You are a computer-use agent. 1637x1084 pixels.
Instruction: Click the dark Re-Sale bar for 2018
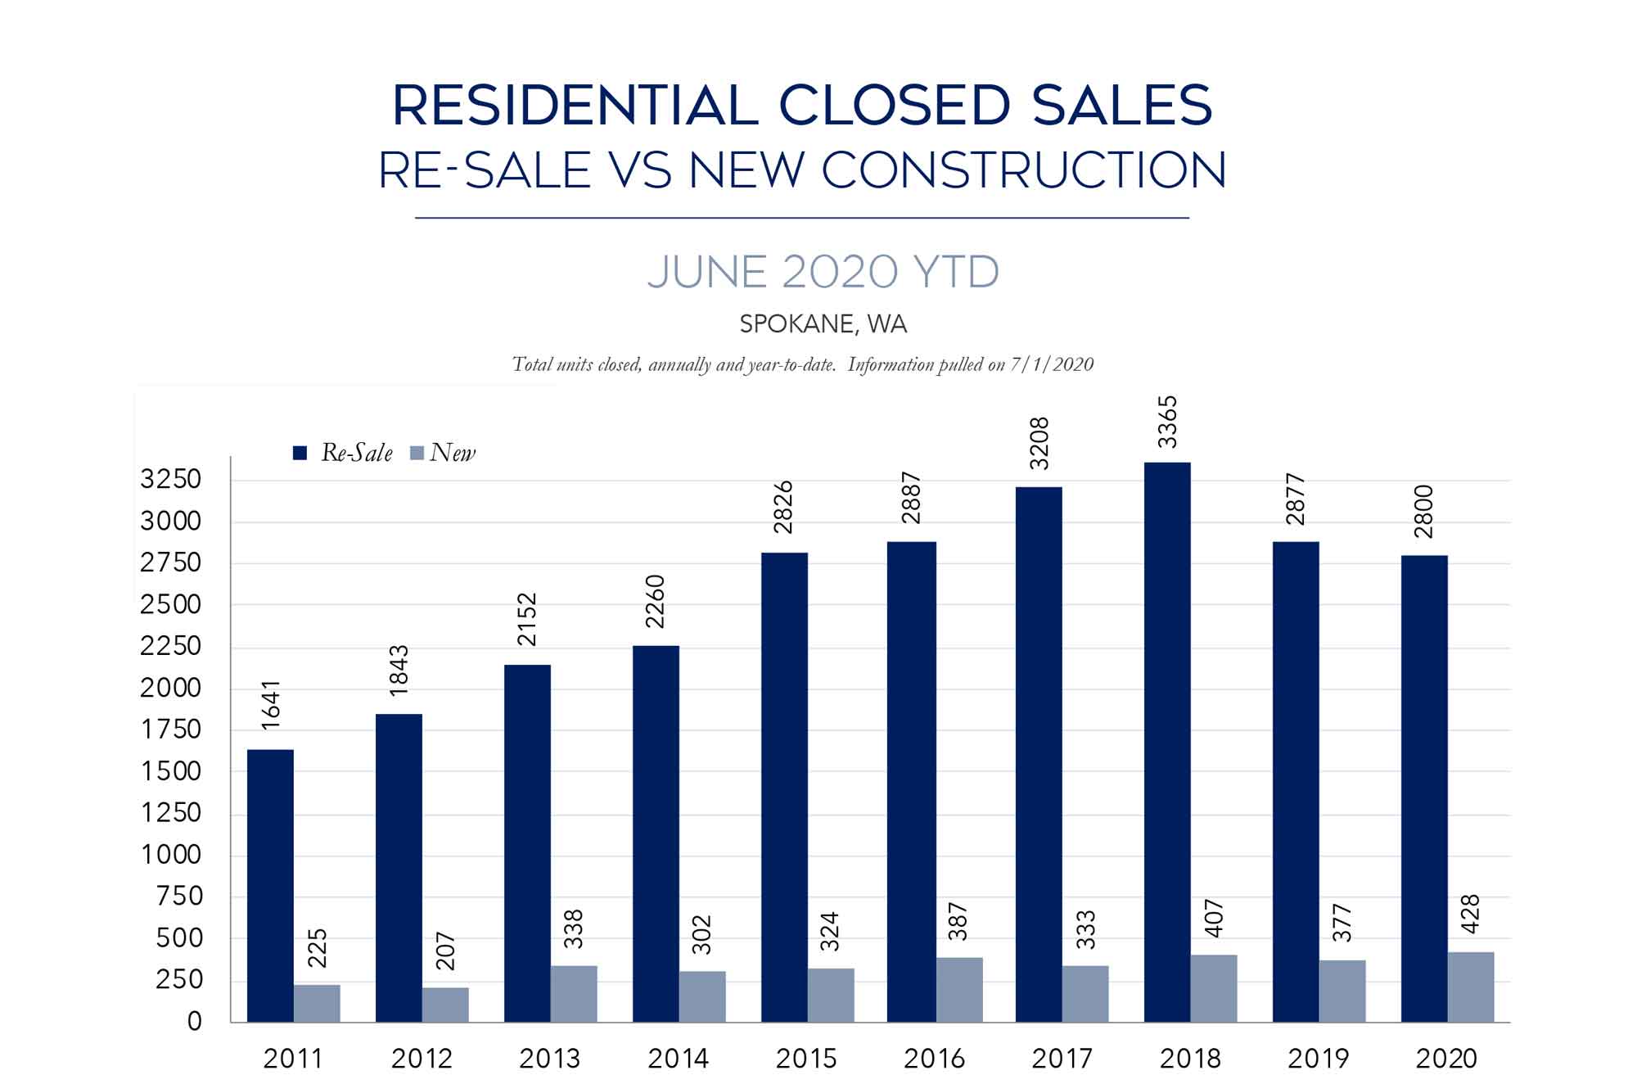tap(1167, 742)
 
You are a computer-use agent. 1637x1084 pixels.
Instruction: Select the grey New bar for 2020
tap(1471, 987)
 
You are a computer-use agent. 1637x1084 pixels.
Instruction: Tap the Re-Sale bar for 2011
tap(270, 885)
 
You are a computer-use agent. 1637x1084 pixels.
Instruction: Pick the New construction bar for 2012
tap(445, 1005)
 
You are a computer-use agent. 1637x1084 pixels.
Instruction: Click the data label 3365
tap(1168, 422)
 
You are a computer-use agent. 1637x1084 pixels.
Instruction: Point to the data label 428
tap(1471, 915)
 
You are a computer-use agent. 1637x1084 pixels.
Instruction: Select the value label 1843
tap(399, 671)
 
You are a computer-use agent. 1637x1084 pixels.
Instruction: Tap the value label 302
tap(702, 934)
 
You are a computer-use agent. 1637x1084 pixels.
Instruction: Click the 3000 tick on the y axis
tap(170, 522)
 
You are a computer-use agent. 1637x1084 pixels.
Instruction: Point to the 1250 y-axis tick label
tap(170, 813)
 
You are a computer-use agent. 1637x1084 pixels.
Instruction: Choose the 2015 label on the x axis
tap(806, 1059)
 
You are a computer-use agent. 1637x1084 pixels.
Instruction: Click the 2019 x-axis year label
tap(1319, 1059)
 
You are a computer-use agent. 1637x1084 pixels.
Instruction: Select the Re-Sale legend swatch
tap(300, 454)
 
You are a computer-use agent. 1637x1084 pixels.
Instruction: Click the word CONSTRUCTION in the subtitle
tap(1023, 170)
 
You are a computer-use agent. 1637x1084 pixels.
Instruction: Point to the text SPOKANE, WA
tap(823, 324)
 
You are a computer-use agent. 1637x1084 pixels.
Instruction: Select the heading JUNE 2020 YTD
tap(823, 273)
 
